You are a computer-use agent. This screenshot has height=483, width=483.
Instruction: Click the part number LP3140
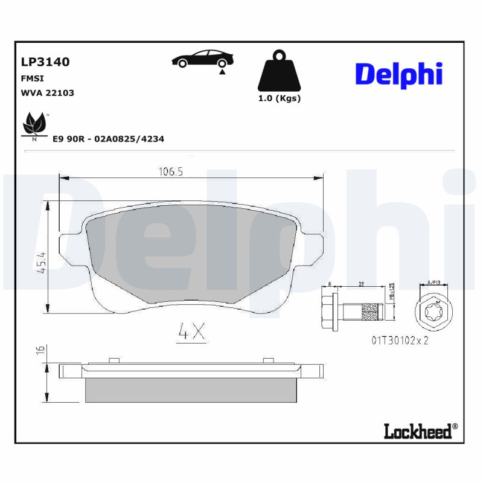(45, 62)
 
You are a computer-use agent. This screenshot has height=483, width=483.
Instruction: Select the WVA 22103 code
(48, 93)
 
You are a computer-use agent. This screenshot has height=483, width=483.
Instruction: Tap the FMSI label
(33, 78)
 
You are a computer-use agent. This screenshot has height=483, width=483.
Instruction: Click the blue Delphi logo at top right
(398, 74)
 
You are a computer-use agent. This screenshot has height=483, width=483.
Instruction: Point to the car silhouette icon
(203, 59)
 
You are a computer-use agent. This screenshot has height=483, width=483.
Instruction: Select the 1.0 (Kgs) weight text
(279, 98)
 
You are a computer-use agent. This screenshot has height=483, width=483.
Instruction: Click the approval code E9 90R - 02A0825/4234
(108, 139)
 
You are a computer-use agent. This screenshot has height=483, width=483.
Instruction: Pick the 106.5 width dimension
(171, 172)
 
